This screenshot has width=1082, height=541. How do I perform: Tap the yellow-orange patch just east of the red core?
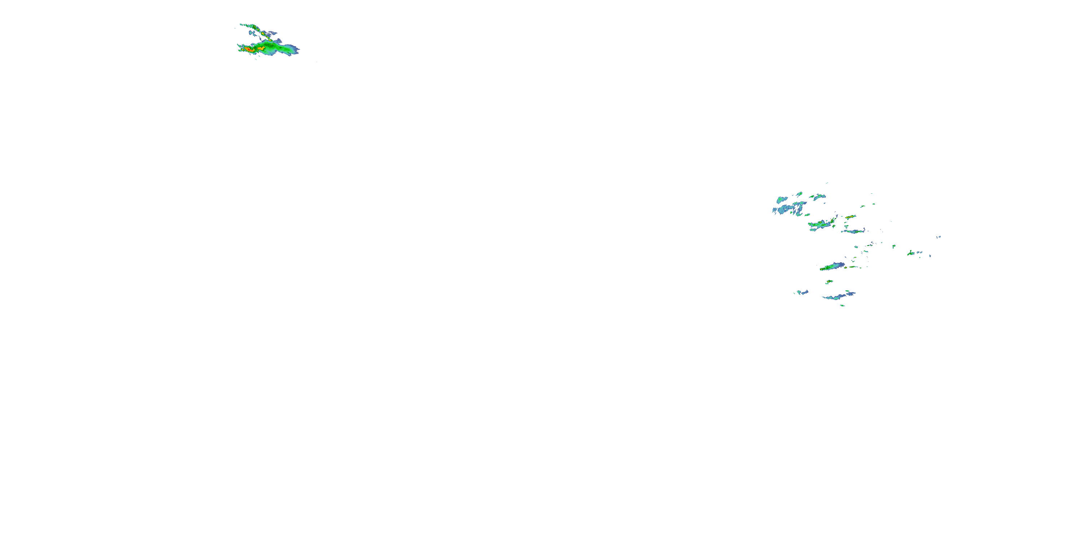[261, 48]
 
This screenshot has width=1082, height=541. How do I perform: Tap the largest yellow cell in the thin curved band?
[263, 33]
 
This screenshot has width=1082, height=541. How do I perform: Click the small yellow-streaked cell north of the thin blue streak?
[850, 217]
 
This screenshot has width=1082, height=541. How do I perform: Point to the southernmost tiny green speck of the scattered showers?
[842, 305]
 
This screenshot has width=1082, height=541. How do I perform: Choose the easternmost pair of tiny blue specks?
[939, 237]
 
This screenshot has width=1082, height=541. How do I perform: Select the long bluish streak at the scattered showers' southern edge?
[838, 296]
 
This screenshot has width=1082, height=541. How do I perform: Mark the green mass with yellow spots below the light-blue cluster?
[821, 225]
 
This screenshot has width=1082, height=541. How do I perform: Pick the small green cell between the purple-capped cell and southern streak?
[829, 282]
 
